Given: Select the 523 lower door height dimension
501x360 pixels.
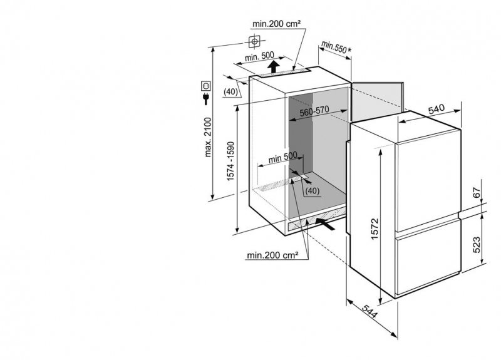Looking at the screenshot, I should pyautogui.click(x=475, y=244).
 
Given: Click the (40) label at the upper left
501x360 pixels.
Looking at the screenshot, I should pyautogui.click(x=231, y=92).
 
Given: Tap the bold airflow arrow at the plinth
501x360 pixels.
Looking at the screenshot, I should pyautogui.click(x=326, y=222).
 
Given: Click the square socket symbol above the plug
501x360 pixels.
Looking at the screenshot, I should pyautogui.click(x=206, y=85).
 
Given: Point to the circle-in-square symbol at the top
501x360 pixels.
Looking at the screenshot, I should pyautogui.click(x=254, y=42).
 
